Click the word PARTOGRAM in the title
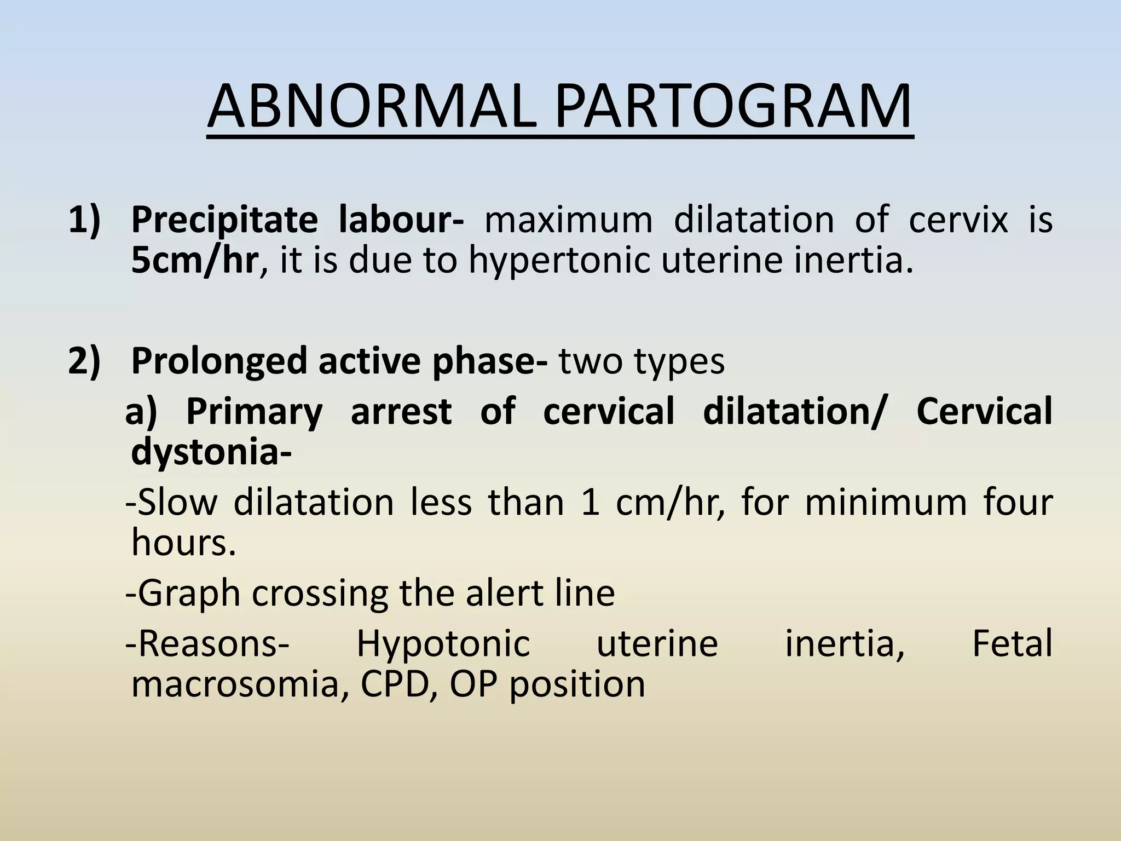coord(733,106)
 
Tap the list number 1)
coord(85,220)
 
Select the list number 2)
coord(85,361)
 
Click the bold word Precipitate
coord(224,220)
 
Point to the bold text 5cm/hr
coord(194,261)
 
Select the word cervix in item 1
coord(958,220)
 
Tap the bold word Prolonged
coord(219,361)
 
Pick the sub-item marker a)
coord(141,411)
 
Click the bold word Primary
coord(255,411)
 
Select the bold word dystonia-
coord(211,453)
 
